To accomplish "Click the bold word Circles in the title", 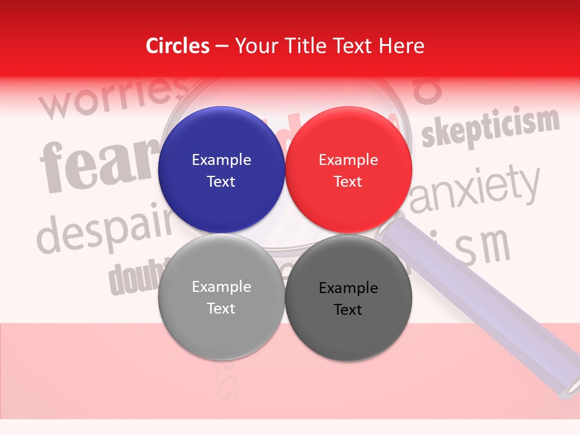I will [178, 46].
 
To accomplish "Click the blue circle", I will [221, 170].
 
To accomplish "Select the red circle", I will [349, 170].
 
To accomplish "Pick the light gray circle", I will [221, 297].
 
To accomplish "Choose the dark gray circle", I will [349, 297].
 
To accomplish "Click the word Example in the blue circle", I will [221, 159].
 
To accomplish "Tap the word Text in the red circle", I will [348, 181].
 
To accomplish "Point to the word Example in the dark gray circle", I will [349, 288].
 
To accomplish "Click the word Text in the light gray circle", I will [221, 308].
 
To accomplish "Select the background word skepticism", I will [490, 127].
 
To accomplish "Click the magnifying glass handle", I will [483, 302].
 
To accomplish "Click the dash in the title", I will [222, 46].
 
